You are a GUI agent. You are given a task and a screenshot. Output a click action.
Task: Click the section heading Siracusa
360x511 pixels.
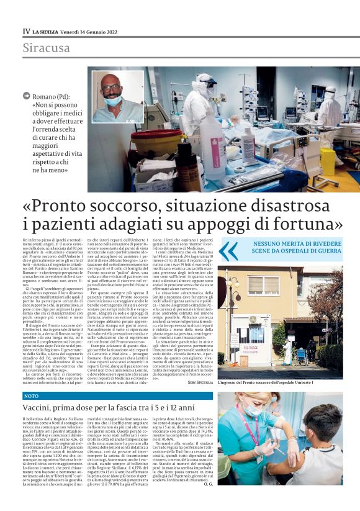[x=47, y=48]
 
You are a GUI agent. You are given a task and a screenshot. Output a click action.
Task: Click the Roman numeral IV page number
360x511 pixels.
[x=26, y=31]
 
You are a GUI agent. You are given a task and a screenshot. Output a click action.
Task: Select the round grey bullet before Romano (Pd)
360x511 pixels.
[x=27, y=96]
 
